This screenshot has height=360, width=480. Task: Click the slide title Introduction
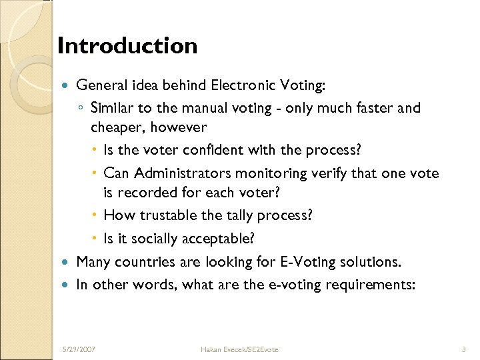click(x=127, y=46)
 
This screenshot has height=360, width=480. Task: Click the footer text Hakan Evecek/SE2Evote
click(x=240, y=349)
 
